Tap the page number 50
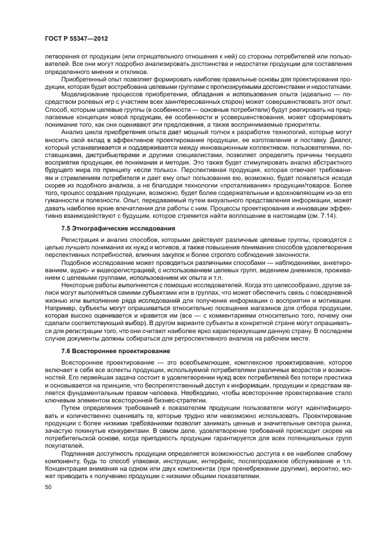(x=48, y=487)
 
